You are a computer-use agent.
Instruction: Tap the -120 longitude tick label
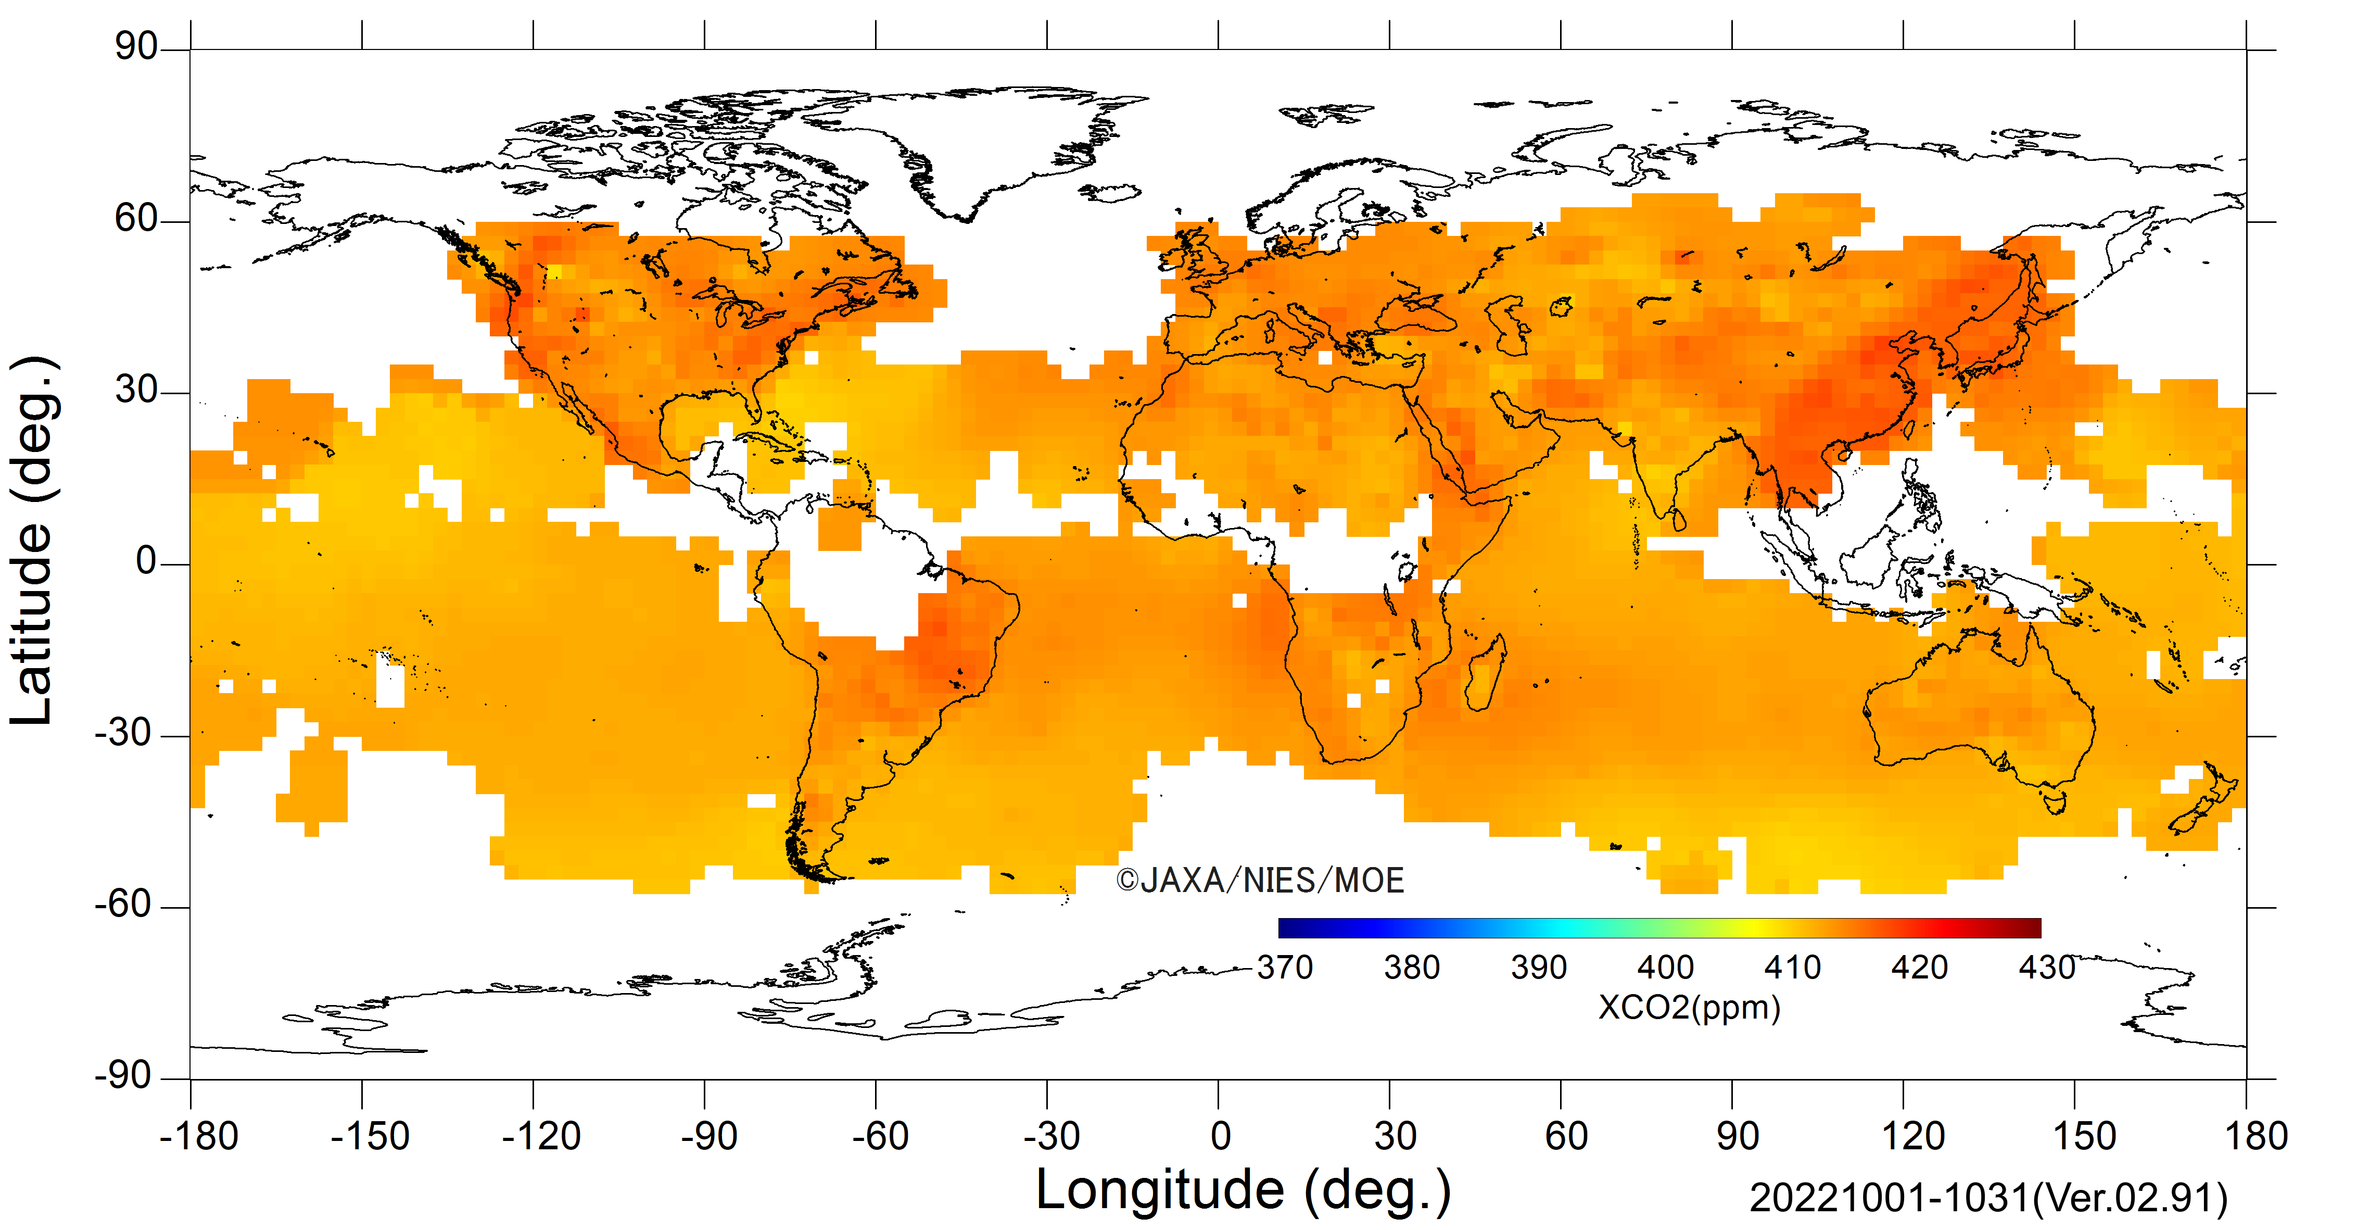542,1137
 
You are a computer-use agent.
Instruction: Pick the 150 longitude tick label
2084,1137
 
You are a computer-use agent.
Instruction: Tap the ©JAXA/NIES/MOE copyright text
1260,881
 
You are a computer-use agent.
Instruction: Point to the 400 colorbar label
1665,968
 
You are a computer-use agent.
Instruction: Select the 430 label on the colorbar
2047,968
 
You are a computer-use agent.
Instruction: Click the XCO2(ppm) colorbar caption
1689,1008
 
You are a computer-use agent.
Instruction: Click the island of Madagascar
1486,673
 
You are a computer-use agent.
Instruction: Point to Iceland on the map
1110,192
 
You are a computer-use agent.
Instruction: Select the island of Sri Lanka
1679,520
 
